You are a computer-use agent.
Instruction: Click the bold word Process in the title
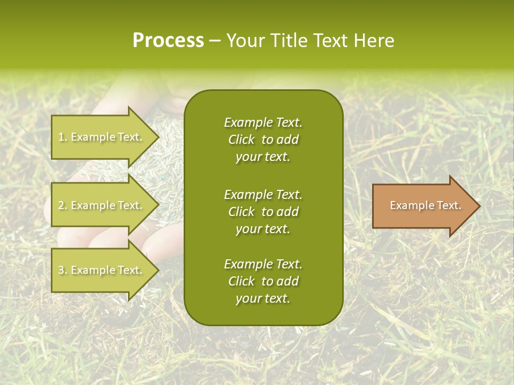click(x=168, y=41)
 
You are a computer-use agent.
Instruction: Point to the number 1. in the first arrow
click(x=62, y=137)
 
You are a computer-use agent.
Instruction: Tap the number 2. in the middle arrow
click(x=62, y=205)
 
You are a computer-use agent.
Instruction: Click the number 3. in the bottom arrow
click(x=62, y=270)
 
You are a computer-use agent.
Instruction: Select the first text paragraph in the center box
click(x=263, y=140)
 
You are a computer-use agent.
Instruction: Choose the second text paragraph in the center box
click(x=263, y=211)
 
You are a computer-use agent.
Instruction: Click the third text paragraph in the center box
click(x=263, y=281)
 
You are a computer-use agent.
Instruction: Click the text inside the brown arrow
click(x=426, y=205)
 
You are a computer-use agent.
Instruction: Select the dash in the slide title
click(x=215, y=41)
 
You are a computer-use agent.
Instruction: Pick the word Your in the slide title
click(x=245, y=41)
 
